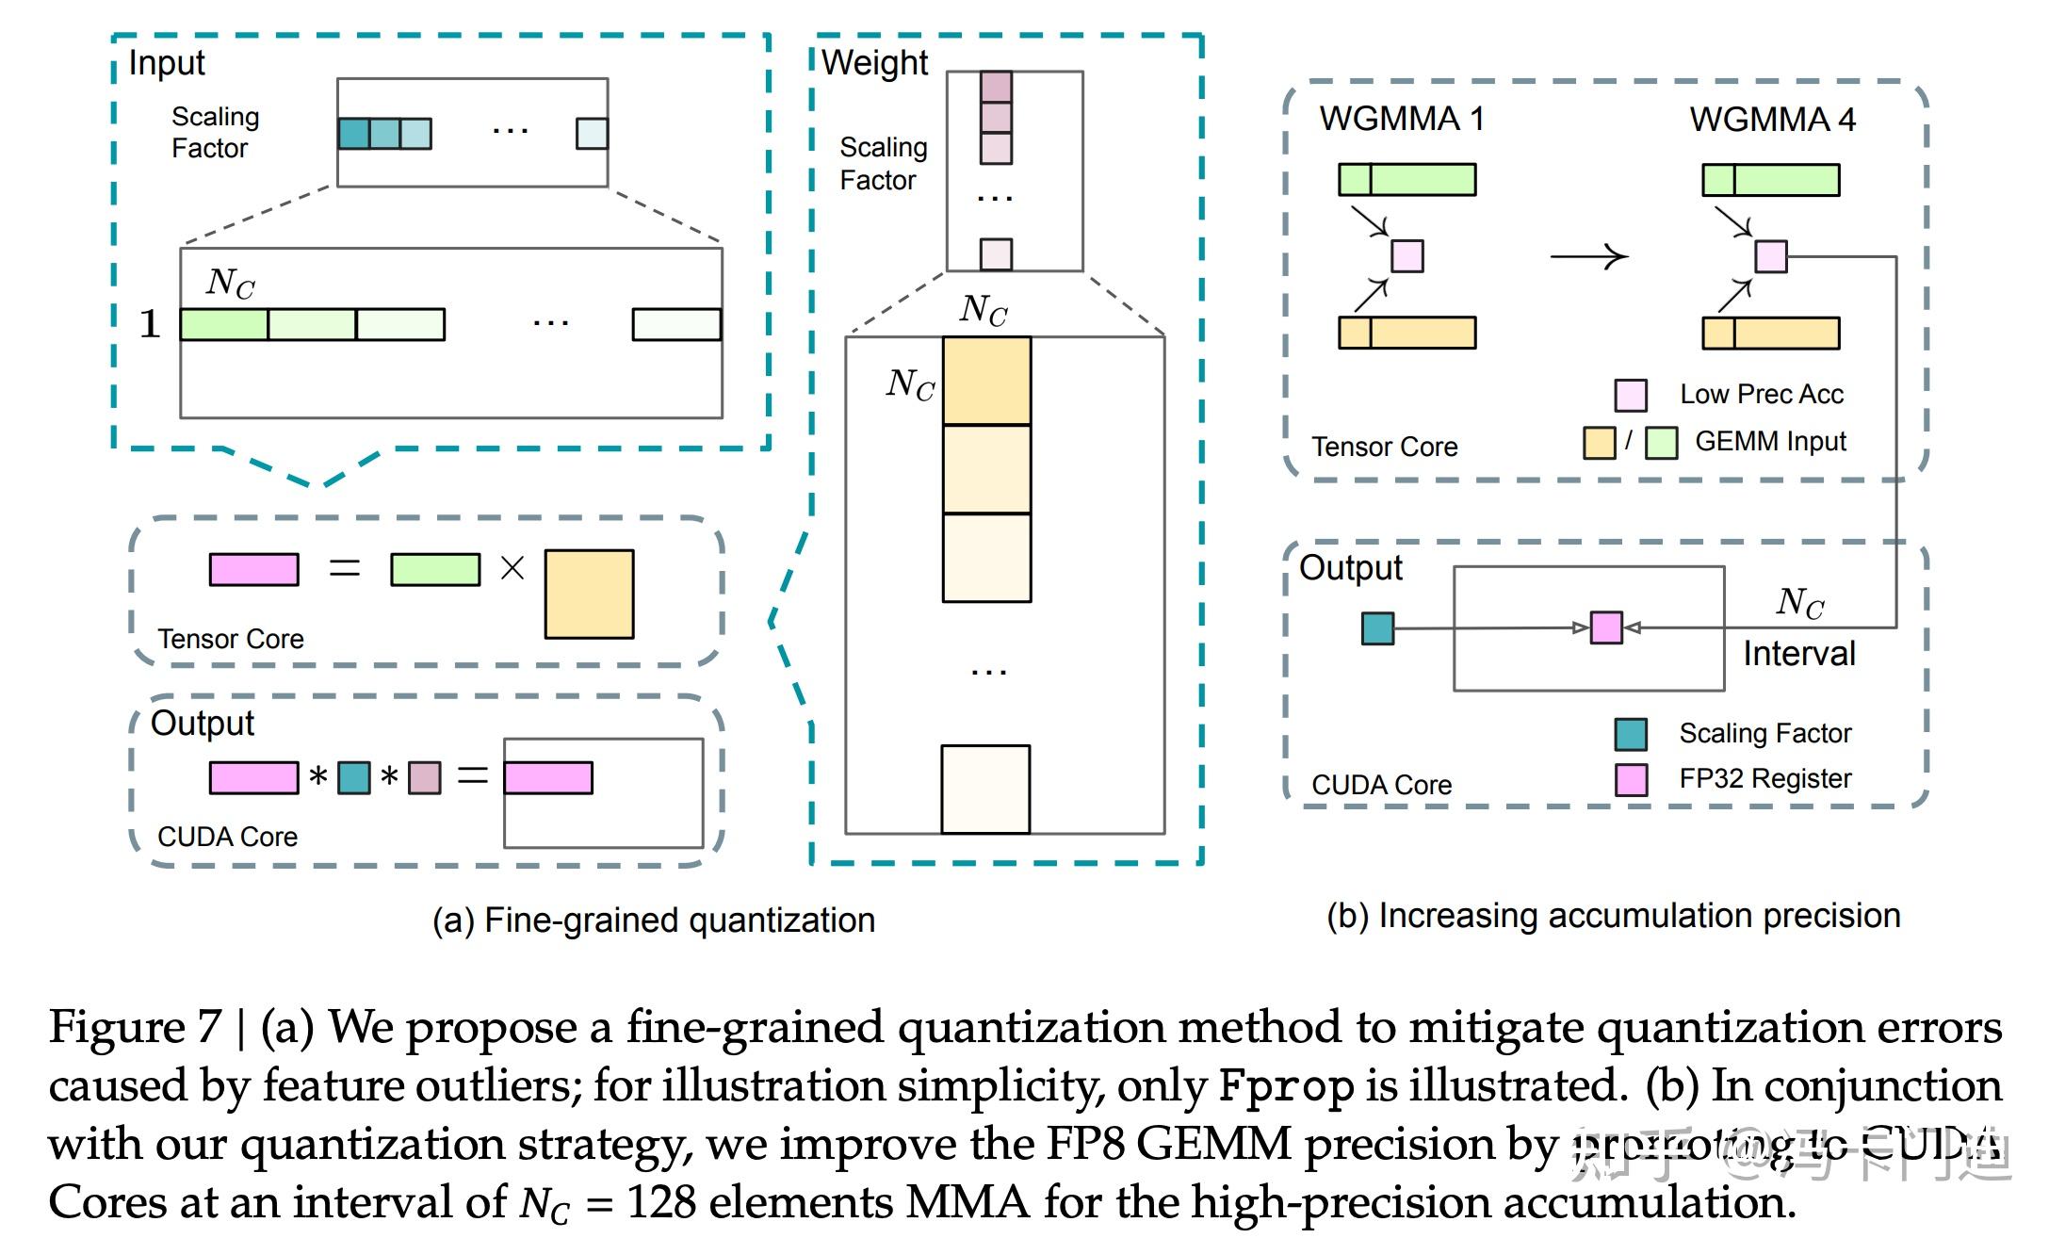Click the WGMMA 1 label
pyautogui.click(x=1401, y=119)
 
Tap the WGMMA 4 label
pyautogui.click(x=1771, y=120)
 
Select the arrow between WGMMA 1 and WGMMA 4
pyautogui.click(x=1589, y=256)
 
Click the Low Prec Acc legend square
pyautogui.click(x=1631, y=396)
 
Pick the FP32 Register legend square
pyautogui.click(x=1631, y=780)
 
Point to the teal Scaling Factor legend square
pyautogui.click(x=1631, y=734)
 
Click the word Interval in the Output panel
pyautogui.click(x=1798, y=653)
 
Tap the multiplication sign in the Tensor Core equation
pyautogui.click(x=512, y=568)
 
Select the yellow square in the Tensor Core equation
pyautogui.click(x=589, y=595)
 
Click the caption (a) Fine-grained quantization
pyautogui.click(x=654, y=920)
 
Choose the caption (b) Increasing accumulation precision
pyautogui.click(x=1613, y=916)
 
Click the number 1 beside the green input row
pyautogui.click(x=150, y=324)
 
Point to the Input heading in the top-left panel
pyautogui.click(x=167, y=63)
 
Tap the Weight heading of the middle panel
pyautogui.click(x=874, y=63)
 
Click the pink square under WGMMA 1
pyautogui.click(x=1407, y=256)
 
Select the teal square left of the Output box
pyautogui.click(x=1377, y=628)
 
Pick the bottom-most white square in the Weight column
pyautogui.click(x=985, y=790)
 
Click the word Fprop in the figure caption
pyautogui.click(x=1286, y=1085)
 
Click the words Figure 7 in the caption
pyautogui.click(x=135, y=1027)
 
